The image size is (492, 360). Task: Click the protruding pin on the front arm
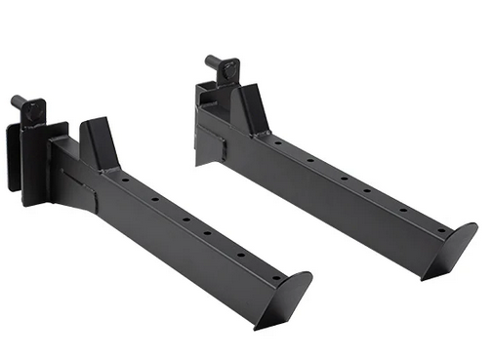tap(19, 100)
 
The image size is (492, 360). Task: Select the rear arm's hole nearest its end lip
tap(432, 224)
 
